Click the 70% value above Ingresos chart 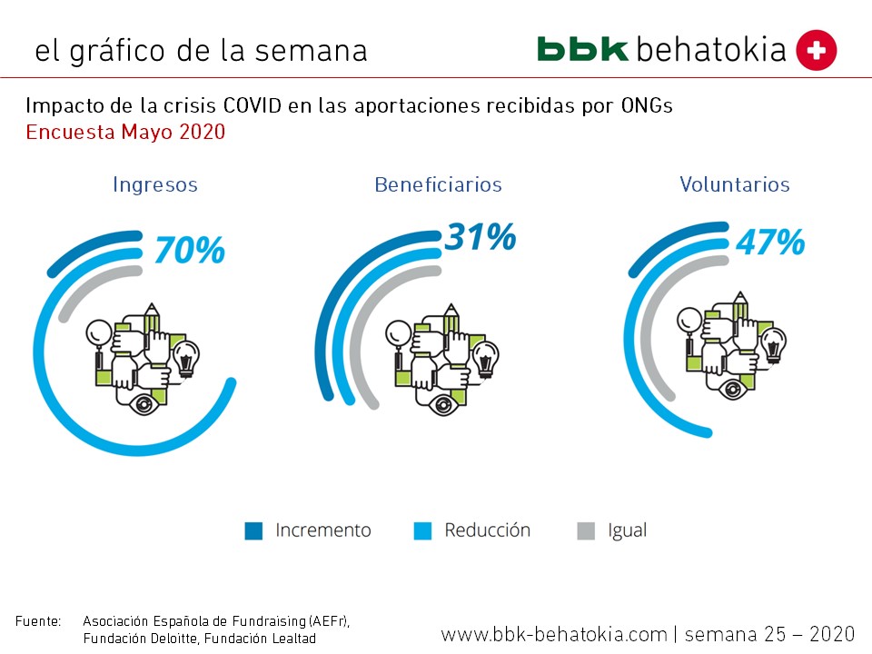189,250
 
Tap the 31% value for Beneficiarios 480,237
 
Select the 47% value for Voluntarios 769,243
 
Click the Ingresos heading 155,184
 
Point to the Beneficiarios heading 438,184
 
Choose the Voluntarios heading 735,184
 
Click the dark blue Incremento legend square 253,531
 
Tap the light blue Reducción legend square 422,531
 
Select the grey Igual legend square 586,531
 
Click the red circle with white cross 816,50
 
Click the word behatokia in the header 711,49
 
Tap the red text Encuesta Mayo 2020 125,132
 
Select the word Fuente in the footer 38,621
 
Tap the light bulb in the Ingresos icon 186,357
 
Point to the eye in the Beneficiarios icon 443,402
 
